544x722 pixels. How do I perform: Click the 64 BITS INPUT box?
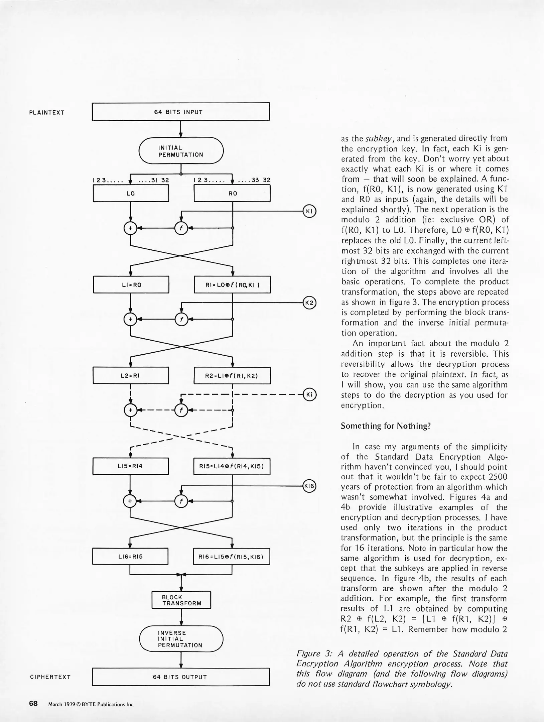[180, 112]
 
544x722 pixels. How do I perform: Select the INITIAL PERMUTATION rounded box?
[181, 151]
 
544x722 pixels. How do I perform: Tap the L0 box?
[131, 194]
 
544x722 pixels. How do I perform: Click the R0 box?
[232, 194]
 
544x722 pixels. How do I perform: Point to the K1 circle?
[309, 211]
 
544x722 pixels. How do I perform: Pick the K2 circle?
[309, 303]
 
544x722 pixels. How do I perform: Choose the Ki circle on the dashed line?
[309, 394]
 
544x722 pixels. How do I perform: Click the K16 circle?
[309, 486]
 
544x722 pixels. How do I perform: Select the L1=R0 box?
[131, 285]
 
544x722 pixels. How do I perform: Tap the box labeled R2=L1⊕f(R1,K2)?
[232, 376]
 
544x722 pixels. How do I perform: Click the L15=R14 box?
[130, 466]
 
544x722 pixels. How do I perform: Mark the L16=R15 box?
[130, 557]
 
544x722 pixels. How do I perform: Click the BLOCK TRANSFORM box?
[181, 600]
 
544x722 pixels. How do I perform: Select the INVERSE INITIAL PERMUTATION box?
[181, 639]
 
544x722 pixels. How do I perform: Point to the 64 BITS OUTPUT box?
[180, 677]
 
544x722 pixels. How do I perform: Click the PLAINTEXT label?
[47, 113]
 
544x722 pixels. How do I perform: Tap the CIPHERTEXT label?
[50, 677]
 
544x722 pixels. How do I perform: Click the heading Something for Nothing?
[386, 426]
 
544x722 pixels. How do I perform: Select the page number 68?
[33, 704]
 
